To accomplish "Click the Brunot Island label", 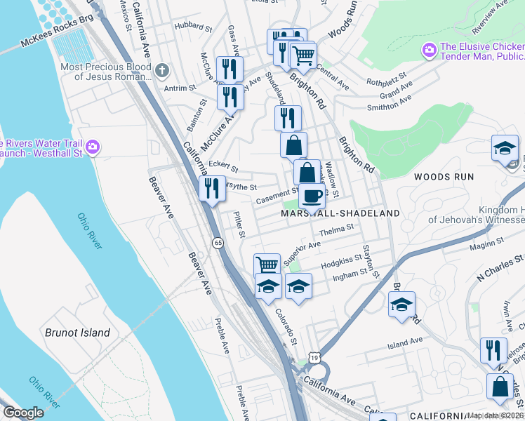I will pos(77,333).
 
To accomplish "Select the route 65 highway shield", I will pos(219,243).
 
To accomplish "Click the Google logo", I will pos(23,413).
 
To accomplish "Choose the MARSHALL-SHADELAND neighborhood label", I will pos(340,213).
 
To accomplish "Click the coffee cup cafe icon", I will pos(312,196).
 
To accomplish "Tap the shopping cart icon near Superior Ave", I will pos(267,265).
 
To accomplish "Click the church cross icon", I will pos(161,69).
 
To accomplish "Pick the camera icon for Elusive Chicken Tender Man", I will pos(428,50).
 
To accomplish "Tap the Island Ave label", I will pos(405,342).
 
